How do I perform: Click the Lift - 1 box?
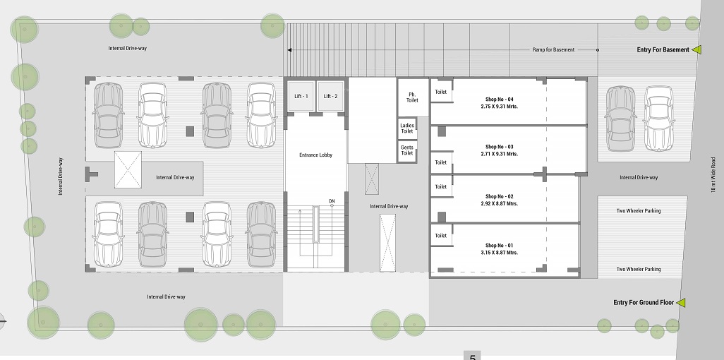(301, 96)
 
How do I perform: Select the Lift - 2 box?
(331, 96)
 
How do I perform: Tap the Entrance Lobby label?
(316, 155)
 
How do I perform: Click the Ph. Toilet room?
(412, 97)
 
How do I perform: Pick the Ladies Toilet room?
(407, 128)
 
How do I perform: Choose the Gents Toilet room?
(407, 150)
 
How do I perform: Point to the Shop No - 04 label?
(499, 100)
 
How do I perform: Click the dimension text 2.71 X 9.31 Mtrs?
(499, 154)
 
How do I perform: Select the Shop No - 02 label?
(499, 196)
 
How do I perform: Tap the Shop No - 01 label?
(499, 246)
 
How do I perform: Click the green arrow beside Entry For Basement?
(696, 49)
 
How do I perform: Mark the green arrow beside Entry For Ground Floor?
(680, 303)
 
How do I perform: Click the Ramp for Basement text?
(553, 49)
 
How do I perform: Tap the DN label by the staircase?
(332, 200)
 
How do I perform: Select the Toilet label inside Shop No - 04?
(441, 92)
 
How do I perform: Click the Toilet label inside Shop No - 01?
(441, 235)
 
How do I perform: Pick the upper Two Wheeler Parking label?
(639, 211)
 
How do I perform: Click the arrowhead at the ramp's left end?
(289, 50)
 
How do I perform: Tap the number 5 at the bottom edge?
(472, 357)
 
